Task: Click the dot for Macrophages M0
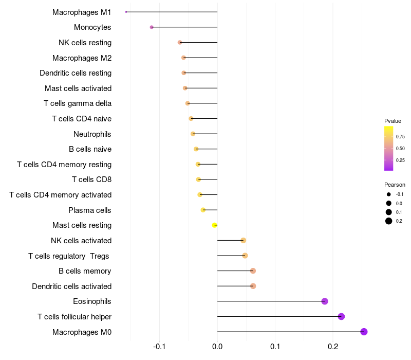tap(364, 332)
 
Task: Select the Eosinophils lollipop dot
tap(325, 301)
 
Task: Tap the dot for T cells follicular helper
tap(341, 316)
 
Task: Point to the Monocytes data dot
tap(152, 27)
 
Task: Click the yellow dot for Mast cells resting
tap(215, 225)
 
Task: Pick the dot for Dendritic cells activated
tap(253, 286)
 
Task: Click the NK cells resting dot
tap(180, 42)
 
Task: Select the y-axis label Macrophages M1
tap(82, 12)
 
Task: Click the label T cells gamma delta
tap(78, 103)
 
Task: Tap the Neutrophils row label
tap(92, 134)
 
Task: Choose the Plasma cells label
tap(90, 210)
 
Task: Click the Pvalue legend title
tap(393, 121)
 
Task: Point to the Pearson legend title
tap(395, 185)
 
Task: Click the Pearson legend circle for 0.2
tap(389, 221)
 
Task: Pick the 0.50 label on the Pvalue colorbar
tap(400, 149)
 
